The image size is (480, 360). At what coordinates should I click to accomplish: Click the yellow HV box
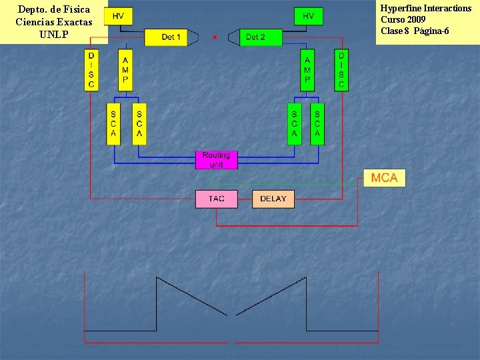coord(118,16)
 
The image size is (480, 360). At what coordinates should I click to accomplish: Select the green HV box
coord(308,16)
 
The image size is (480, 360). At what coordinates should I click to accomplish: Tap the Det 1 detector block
coord(171,37)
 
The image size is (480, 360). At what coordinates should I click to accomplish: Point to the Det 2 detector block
coord(255,37)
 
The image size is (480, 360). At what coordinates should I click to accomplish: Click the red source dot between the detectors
coord(214,37)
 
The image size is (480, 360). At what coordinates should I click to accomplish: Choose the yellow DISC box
coord(91,70)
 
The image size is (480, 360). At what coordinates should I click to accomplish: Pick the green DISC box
coord(341,70)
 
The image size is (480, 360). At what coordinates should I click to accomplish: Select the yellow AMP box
coord(125,70)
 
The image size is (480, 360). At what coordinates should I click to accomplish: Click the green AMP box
coord(307,70)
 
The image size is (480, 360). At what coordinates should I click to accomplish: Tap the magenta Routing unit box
coord(216,159)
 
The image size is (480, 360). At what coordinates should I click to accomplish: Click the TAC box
coord(216,199)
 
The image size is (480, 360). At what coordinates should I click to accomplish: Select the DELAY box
coord(273,199)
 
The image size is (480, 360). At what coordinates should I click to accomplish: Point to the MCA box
coord(384,177)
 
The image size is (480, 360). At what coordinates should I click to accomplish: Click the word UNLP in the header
coord(53,34)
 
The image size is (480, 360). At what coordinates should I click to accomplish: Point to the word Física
coord(75,10)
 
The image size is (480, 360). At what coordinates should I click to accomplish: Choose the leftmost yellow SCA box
coord(113,123)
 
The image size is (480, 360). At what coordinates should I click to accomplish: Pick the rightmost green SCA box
coord(317,123)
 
